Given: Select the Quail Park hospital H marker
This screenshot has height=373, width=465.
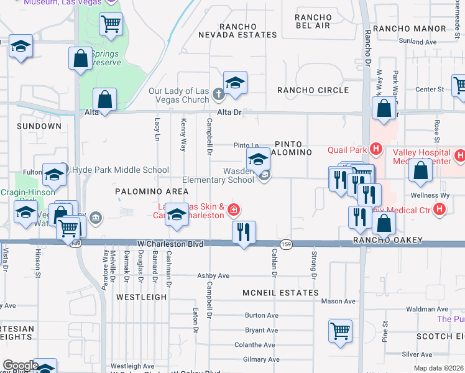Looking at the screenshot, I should point(375,149).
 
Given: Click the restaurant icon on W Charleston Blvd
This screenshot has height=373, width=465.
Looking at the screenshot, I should point(244,233).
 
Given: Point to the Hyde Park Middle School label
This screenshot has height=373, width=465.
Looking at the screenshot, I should point(121,170).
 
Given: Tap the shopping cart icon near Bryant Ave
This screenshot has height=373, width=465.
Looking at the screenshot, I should point(340,330).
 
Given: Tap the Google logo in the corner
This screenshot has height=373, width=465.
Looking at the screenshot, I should point(20,366).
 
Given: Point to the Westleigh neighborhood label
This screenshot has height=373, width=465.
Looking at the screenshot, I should point(141,297).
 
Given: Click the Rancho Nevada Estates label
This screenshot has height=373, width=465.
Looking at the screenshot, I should point(237,31).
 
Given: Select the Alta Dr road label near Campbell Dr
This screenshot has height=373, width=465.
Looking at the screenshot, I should point(228,113).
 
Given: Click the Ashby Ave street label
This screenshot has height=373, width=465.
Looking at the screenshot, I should point(213,275).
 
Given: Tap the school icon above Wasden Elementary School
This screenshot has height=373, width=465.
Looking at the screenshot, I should point(258,160).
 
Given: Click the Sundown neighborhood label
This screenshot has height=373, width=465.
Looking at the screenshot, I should point(39,126).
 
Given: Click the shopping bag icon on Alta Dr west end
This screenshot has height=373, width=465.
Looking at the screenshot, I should point(105,99).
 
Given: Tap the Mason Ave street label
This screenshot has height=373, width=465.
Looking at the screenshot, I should point(338,302).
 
